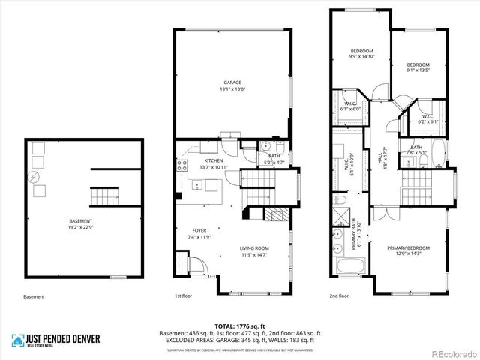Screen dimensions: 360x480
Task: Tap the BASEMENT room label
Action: pyautogui.click(x=80, y=220)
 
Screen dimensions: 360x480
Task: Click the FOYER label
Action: pyautogui.click(x=199, y=231)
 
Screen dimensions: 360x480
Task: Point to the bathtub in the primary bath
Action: pyautogui.click(x=350, y=268)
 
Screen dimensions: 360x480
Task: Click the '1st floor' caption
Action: pyautogui.click(x=184, y=296)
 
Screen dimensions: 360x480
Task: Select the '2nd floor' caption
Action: pyautogui.click(x=340, y=296)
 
